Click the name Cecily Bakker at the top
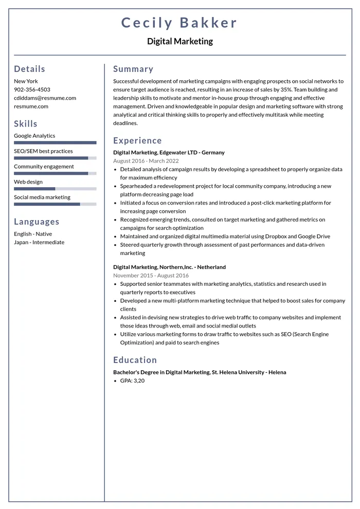(179, 23)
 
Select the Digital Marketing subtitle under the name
(179, 41)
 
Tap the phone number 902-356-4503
(32, 89)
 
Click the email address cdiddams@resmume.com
(45, 98)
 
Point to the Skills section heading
(26, 123)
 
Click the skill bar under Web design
(55, 189)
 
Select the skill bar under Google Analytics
(55, 142)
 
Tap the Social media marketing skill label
(42, 197)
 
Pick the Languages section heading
(37, 222)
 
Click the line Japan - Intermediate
(39, 242)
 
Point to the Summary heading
(133, 69)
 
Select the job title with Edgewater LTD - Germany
(169, 152)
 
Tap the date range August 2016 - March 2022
(146, 160)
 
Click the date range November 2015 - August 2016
(151, 275)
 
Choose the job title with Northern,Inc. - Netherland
(169, 267)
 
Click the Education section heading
(135, 360)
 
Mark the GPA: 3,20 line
(132, 380)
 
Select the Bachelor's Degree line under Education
(200, 372)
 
